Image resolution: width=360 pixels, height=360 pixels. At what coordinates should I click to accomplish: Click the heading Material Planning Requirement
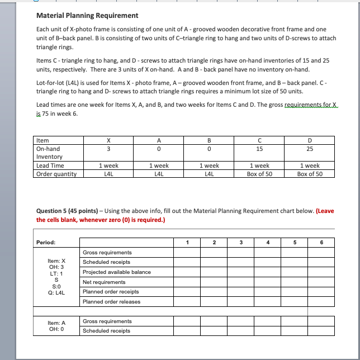pos(87,16)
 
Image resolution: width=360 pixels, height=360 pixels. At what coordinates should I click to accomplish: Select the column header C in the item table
pos(260,140)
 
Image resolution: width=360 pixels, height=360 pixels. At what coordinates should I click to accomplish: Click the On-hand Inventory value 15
pos(260,149)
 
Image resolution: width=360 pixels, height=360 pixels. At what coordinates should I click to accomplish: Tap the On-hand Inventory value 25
pos(310,149)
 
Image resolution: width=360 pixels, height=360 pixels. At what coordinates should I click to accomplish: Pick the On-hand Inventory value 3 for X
pos(108,149)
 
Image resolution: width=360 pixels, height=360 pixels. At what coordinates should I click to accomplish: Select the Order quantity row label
pos(56,173)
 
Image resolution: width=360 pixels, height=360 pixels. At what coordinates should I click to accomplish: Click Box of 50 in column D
pos(310,173)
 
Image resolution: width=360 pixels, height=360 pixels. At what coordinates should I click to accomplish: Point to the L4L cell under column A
pos(159,173)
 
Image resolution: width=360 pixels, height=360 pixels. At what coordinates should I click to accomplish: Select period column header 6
pos(321,243)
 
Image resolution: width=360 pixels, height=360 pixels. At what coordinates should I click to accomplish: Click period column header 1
pos(187,243)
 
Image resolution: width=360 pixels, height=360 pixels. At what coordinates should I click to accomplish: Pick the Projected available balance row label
pos(117,272)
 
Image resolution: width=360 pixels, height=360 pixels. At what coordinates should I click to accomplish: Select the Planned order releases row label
pos(112,302)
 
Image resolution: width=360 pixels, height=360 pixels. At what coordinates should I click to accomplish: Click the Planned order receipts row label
pos(111,292)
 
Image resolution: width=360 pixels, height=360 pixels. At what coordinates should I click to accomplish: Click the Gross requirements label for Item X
pos(107,253)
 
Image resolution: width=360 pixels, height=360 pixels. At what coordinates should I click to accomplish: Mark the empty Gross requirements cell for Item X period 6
pos(321,253)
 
